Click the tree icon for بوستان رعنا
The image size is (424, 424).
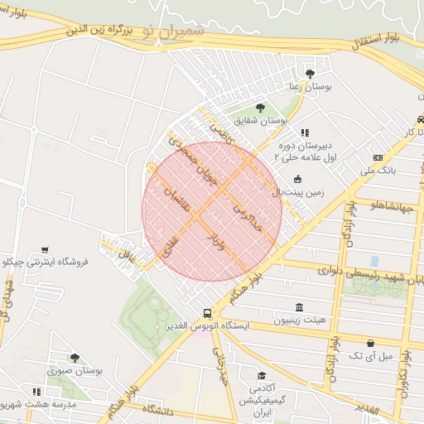pyautogui.click(x=311, y=73)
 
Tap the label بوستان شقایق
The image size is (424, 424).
pyautogui.click(x=259, y=120)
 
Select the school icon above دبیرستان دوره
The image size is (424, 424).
pyautogui.click(x=305, y=132)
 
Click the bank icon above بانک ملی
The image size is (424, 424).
pyautogui.click(x=378, y=157)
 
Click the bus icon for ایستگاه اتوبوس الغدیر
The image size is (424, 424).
pyautogui.click(x=207, y=313)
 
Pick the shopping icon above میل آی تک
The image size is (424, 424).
pyautogui.click(x=369, y=342)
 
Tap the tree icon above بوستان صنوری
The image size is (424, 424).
pyautogui.click(x=75, y=358)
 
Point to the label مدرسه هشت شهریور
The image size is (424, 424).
pyautogui.click(x=38, y=404)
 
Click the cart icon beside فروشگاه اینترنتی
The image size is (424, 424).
pyautogui.click(x=44, y=249)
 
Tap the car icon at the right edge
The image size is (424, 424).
pyautogui.click(x=420, y=119)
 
